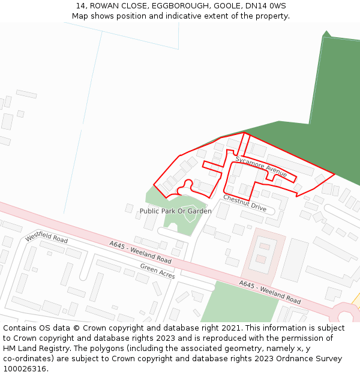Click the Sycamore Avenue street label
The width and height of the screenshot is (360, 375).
261,166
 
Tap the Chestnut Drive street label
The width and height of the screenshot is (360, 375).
245,203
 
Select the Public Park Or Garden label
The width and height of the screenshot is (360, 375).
175,211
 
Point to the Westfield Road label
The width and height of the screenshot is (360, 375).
46,238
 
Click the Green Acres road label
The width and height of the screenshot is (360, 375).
157,271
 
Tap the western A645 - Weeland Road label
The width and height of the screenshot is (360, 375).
140,252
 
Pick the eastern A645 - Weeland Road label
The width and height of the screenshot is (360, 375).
269,292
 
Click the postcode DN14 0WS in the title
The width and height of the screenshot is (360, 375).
266,6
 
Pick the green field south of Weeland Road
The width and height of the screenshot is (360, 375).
240,301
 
